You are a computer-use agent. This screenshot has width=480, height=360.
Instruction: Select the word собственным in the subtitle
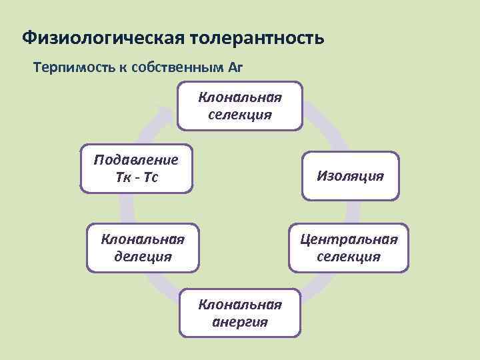pos(177,67)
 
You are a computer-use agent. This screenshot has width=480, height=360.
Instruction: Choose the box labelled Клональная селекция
pos(240,105)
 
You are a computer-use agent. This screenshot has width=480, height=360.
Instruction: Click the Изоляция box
pos(350,176)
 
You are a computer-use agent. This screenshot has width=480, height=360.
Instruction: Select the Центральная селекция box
pos(349,247)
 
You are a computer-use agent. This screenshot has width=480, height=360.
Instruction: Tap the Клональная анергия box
pos(240,313)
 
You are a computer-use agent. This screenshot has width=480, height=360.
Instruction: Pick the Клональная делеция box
pos(143,247)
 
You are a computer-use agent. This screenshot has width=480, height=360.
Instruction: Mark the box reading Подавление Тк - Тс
pos(136,169)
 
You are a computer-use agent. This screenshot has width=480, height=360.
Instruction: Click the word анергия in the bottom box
pos(240,322)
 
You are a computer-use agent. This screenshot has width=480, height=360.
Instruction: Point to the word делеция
pos(143,256)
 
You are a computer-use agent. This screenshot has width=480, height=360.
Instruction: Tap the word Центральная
pos(349,239)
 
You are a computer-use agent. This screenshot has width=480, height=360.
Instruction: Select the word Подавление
pos(136,160)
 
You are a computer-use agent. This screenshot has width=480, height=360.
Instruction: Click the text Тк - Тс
pos(136,178)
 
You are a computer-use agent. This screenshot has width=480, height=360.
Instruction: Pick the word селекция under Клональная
pos(240,114)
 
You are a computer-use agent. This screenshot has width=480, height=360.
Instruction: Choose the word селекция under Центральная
pos(349,257)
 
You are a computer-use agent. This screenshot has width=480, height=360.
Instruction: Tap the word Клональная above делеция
pos(143,239)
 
